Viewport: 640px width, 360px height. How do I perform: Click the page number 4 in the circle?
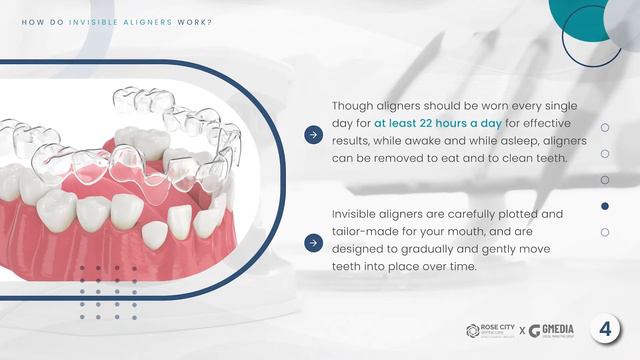click(x=604, y=330)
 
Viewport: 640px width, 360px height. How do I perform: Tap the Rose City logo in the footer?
click(x=493, y=330)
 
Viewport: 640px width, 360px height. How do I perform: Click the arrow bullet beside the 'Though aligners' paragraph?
click(x=313, y=132)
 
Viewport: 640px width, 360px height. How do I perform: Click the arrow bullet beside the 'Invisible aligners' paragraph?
click(x=313, y=241)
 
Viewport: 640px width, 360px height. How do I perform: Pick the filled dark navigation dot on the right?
click(x=605, y=206)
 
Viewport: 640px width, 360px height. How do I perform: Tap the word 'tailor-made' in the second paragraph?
click(x=366, y=232)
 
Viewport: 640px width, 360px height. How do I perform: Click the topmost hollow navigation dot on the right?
click(x=605, y=128)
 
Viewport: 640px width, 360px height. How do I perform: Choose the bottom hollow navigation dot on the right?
click(x=605, y=232)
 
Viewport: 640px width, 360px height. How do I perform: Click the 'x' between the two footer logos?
click(x=521, y=331)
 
